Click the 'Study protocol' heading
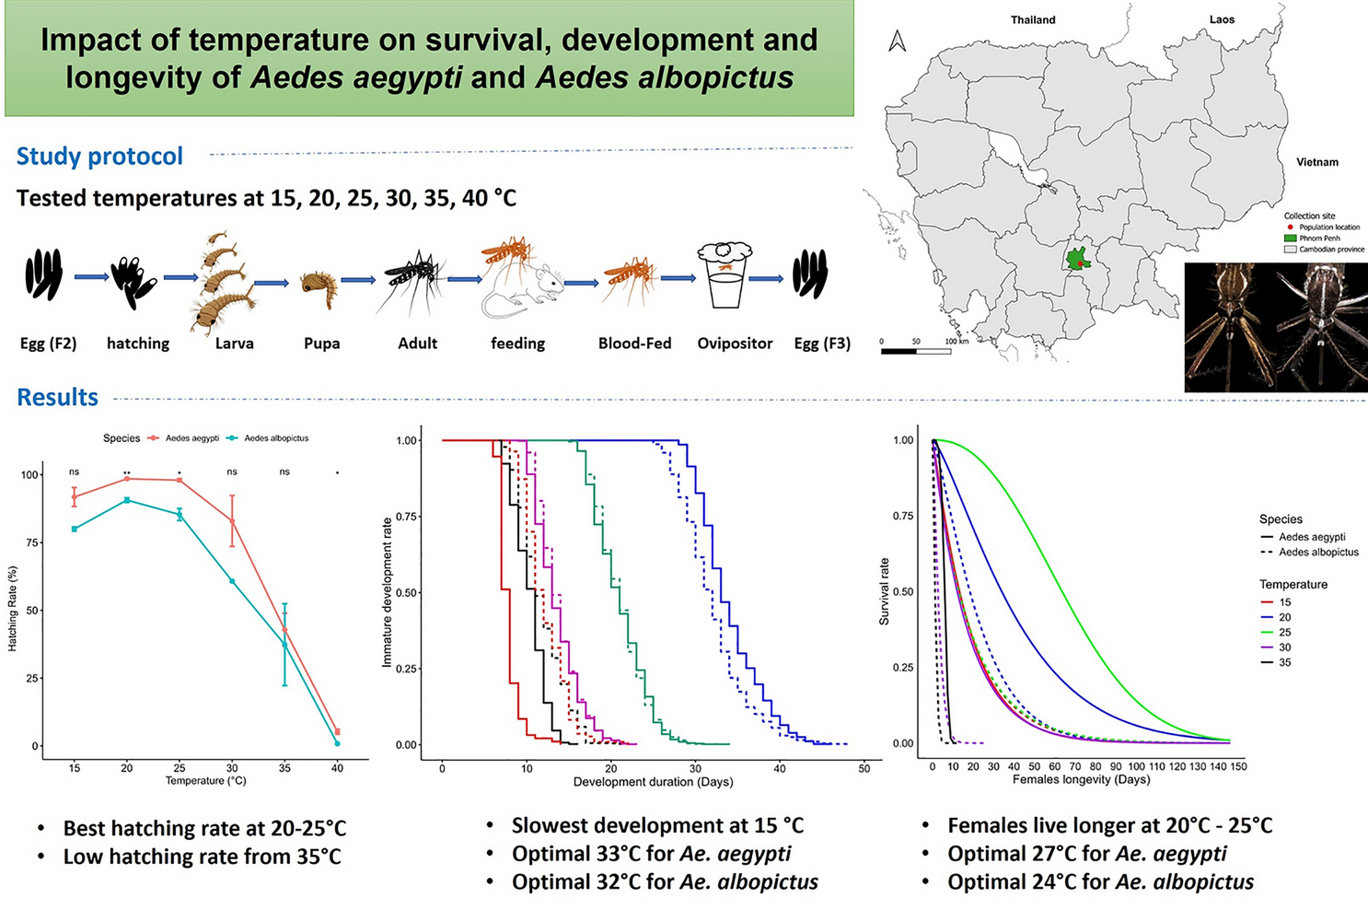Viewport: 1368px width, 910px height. (99, 157)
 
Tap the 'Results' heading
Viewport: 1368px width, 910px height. (57, 397)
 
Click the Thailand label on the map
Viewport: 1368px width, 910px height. (1032, 20)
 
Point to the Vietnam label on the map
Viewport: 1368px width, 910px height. (1316, 162)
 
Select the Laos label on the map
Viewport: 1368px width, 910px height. (1222, 19)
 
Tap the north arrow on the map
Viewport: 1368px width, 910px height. (897, 41)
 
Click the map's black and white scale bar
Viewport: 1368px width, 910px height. (915, 351)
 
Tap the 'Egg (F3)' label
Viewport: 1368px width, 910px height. (822, 344)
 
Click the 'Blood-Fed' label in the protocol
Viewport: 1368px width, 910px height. (634, 344)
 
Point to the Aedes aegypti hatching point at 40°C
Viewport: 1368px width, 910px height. (337, 731)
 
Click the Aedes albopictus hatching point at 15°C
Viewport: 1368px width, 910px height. (75, 529)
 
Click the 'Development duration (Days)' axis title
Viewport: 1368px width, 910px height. (653, 782)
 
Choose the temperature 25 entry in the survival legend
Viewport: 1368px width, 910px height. (1284, 632)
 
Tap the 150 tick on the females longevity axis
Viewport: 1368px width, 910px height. (1238, 766)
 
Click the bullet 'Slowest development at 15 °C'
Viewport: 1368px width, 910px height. (657, 825)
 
